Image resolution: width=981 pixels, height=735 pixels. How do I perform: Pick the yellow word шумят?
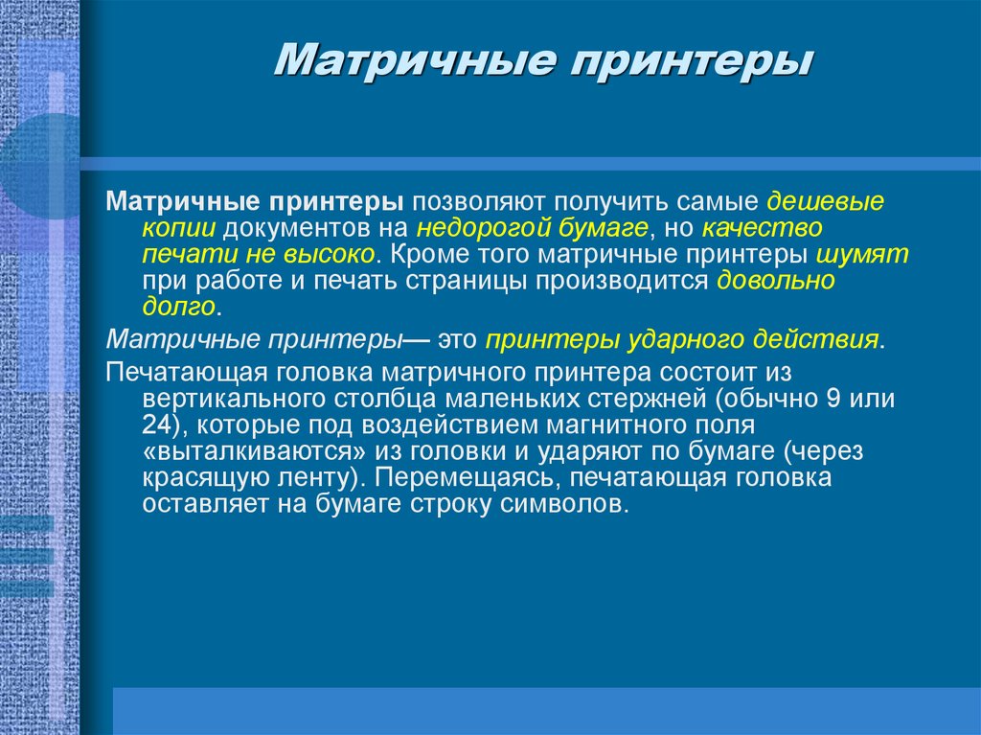tap(862, 256)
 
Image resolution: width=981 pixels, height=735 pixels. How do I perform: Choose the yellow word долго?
tap(179, 308)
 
